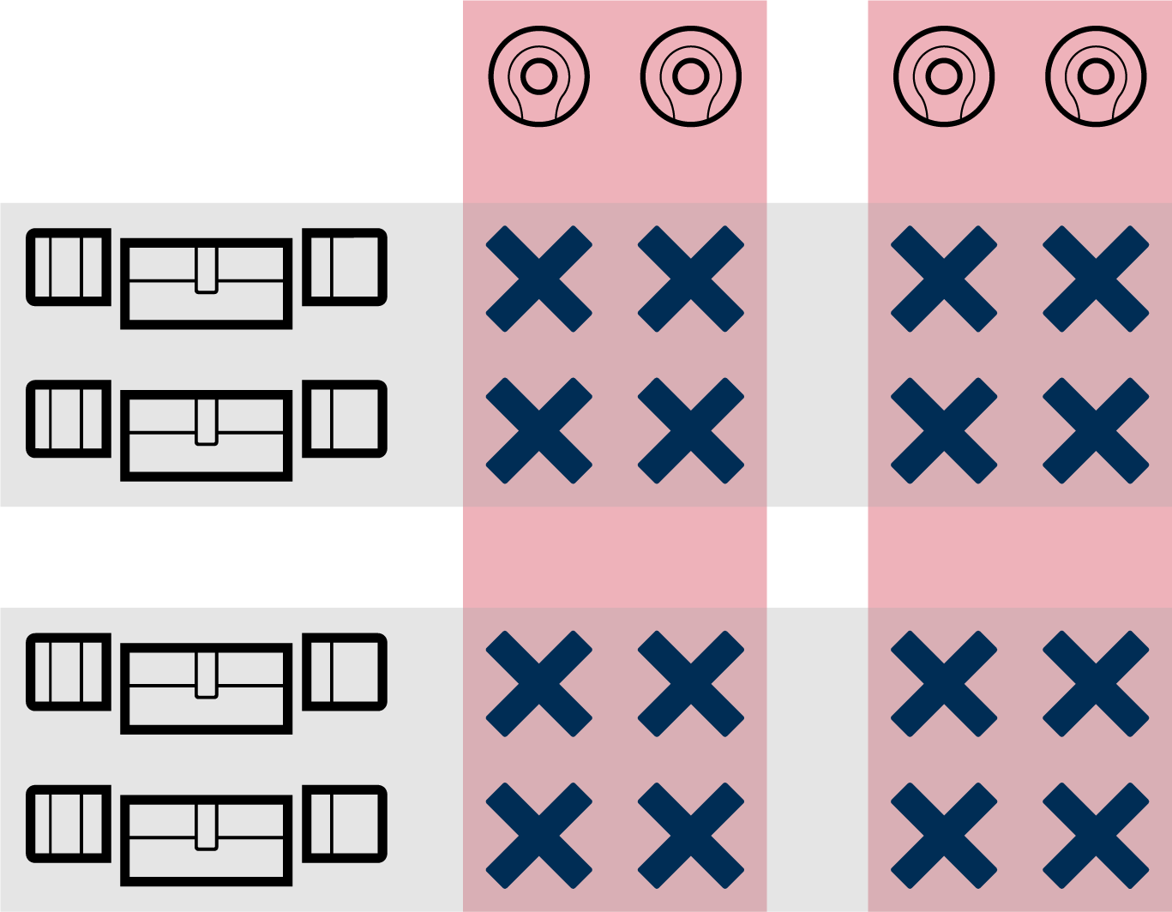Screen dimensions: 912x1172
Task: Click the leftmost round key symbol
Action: pos(538,77)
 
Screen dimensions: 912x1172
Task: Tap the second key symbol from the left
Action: pos(690,77)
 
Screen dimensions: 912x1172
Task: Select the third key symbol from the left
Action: pos(943,77)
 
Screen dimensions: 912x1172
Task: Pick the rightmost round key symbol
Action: pos(1096,77)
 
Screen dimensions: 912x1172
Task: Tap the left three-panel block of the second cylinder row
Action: pos(69,419)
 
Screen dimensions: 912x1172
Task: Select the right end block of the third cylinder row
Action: pos(345,673)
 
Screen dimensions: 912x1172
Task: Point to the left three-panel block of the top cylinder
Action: pos(69,267)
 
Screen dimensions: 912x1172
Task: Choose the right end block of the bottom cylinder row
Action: pos(345,825)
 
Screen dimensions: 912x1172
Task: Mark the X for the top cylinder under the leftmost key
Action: pos(538,279)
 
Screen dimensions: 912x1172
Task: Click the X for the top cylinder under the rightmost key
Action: pos(1096,279)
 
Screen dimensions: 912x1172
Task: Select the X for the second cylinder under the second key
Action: pos(690,431)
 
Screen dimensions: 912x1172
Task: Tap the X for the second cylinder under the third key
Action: pos(943,431)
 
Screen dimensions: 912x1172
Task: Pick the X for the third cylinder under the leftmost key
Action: pos(538,684)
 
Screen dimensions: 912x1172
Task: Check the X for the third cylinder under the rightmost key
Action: pos(1096,684)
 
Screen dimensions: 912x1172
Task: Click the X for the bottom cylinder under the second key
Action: pos(690,836)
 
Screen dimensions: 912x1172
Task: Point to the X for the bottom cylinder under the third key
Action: pos(943,836)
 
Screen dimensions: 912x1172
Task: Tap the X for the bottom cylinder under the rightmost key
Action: pos(1096,836)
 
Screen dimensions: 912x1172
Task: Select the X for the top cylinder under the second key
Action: pos(690,279)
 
